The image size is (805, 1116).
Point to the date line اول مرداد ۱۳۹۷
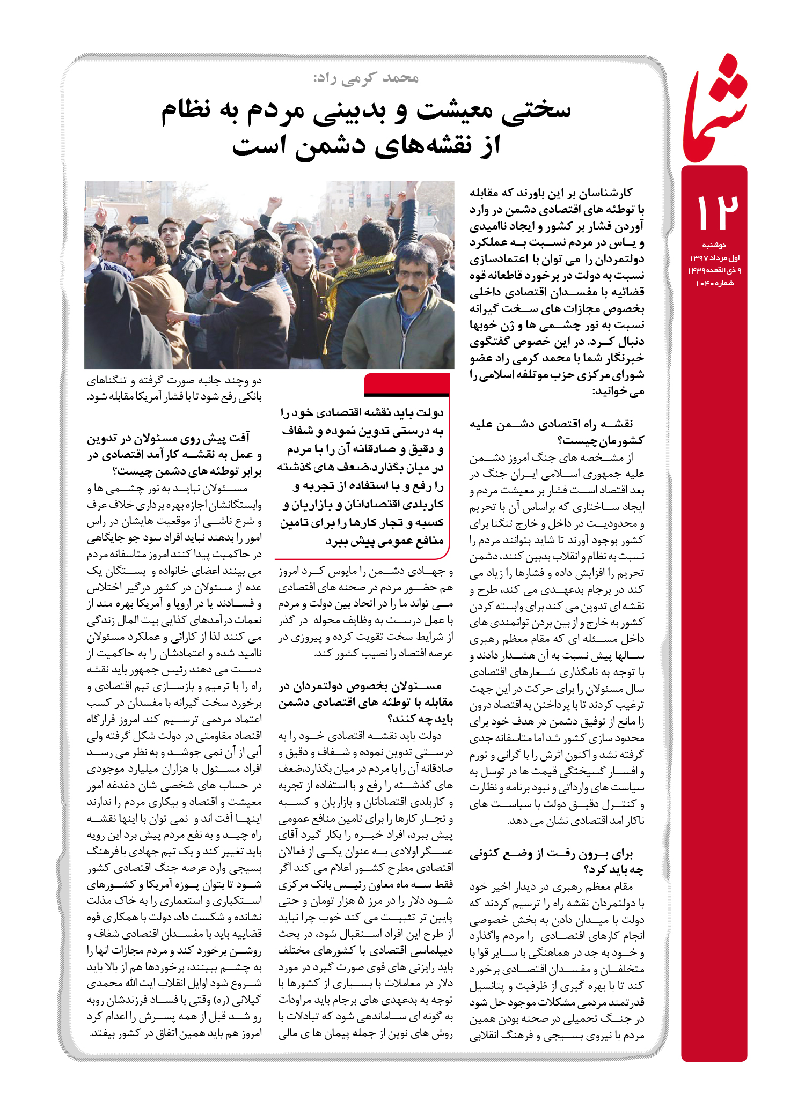714,258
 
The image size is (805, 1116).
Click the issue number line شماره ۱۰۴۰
714,283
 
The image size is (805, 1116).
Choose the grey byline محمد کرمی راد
366,78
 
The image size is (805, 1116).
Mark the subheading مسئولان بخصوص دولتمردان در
360,686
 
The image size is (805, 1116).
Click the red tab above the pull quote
406,383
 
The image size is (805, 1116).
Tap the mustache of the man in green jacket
410,289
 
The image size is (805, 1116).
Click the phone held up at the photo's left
140,219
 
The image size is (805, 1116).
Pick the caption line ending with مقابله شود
174,397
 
